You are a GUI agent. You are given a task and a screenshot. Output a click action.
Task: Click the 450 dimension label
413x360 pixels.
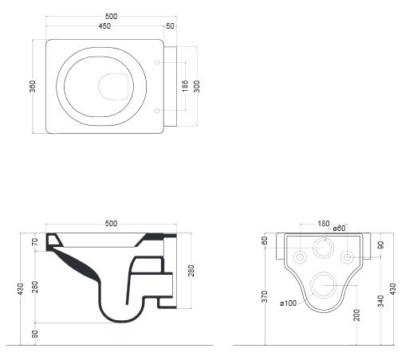click(104, 26)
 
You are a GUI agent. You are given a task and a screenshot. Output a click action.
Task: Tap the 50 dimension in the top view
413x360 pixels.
click(170, 26)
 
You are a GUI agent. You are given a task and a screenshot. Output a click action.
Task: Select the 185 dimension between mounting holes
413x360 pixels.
click(185, 86)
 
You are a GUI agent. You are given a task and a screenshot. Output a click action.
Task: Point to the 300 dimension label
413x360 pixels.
click(197, 86)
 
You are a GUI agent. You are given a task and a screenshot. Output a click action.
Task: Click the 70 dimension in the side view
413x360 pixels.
click(35, 242)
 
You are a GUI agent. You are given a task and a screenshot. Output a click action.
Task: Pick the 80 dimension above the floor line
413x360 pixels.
click(35, 334)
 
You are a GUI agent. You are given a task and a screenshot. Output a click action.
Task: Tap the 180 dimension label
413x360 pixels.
click(324, 224)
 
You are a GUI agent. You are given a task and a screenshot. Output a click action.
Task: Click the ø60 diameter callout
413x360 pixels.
click(339, 228)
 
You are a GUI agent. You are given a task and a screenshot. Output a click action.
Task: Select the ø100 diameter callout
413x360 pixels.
click(289, 303)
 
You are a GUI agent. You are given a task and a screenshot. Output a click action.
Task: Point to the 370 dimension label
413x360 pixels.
click(265, 296)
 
